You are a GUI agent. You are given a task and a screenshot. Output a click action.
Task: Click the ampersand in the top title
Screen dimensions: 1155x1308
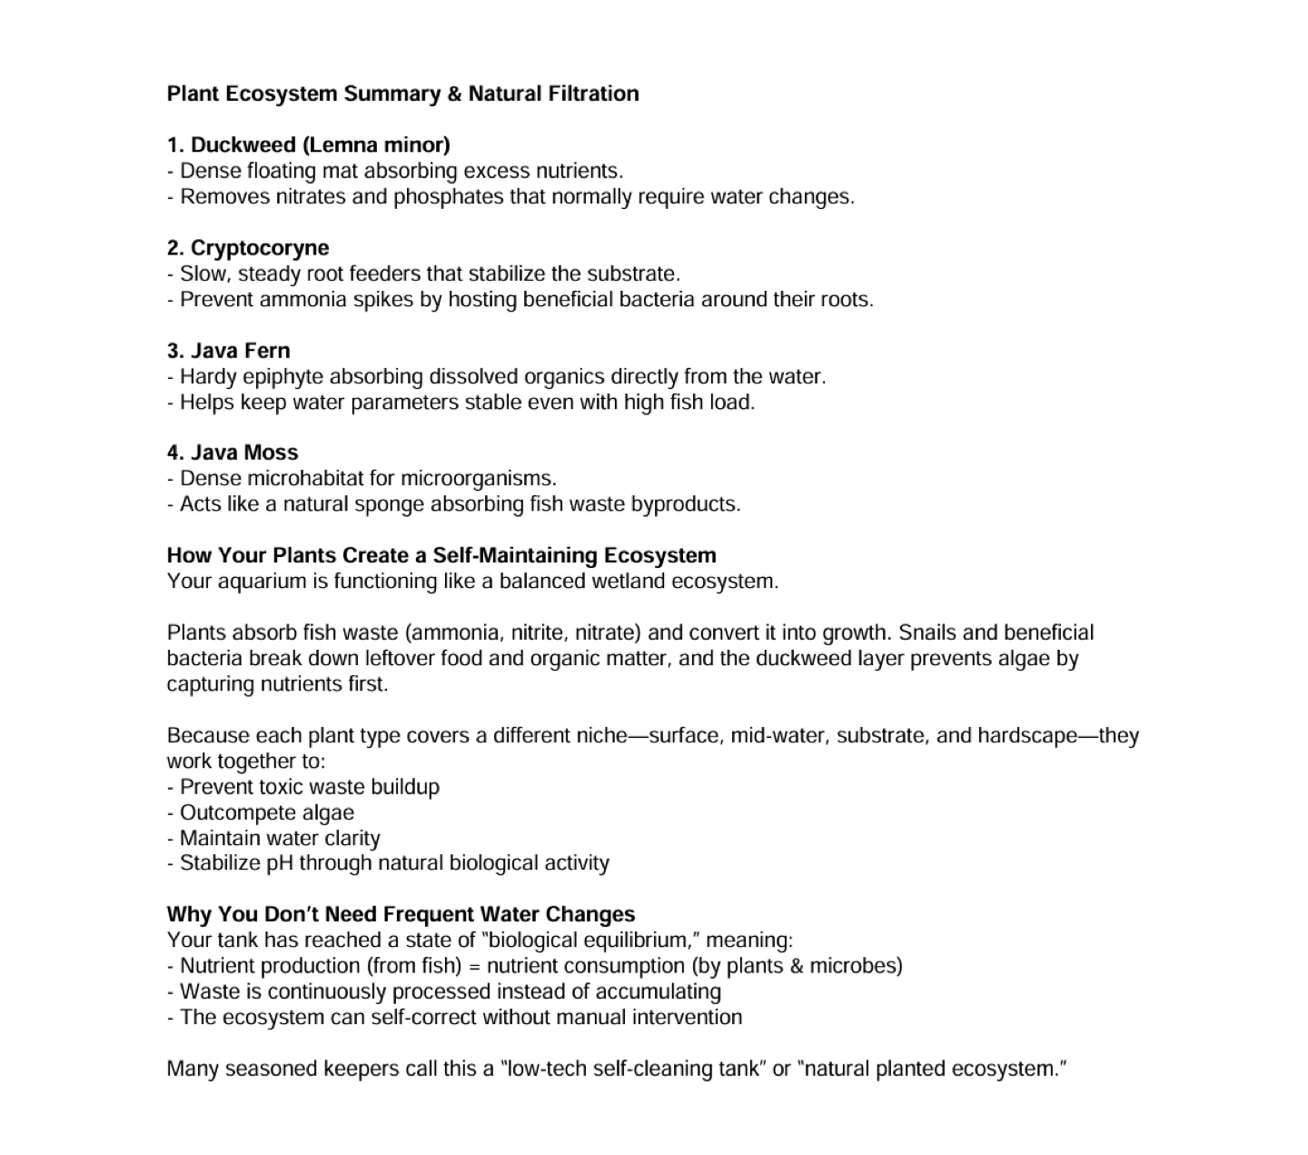click(453, 94)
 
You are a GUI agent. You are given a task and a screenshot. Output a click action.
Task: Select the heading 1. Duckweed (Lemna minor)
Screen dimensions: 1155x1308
click(309, 144)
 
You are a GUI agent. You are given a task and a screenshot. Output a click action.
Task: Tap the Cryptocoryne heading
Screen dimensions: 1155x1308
click(248, 248)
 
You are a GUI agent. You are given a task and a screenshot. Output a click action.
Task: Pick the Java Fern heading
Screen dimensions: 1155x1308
click(229, 351)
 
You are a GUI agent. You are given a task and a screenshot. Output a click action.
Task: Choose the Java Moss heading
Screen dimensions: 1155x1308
click(233, 453)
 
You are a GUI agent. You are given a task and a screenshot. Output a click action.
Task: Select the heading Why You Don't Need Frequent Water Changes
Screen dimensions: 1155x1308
click(401, 914)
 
